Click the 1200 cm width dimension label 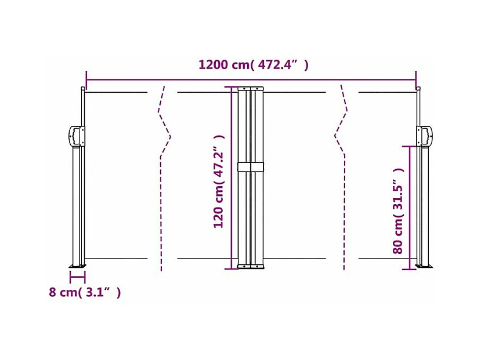click(x=254, y=65)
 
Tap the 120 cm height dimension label click(x=219, y=181)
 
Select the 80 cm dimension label click(x=398, y=211)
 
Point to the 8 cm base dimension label click(x=85, y=292)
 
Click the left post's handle click(x=76, y=136)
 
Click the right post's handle click(x=425, y=136)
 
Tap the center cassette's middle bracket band click(x=251, y=167)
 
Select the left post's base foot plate click(x=77, y=266)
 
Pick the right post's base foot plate click(x=424, y=266)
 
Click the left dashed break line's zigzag click(x=164, y=121)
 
